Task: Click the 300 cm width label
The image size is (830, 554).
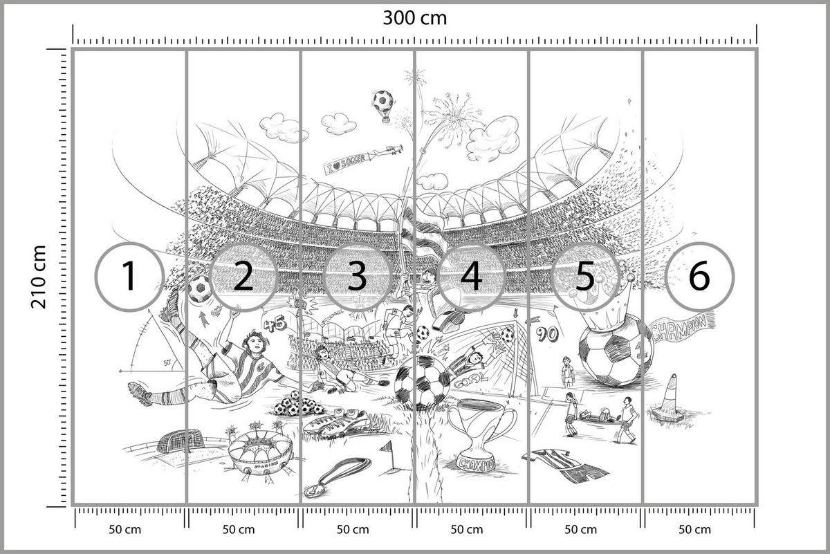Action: click(415, 17)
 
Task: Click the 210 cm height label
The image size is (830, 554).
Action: click(38, 277)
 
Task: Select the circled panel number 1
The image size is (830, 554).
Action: click(129, 276)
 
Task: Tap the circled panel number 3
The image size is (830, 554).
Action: click(357, 276)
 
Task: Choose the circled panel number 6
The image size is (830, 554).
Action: click(699, 276)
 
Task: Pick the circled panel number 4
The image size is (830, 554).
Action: click(471, 276)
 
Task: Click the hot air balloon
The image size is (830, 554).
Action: click(381, 104)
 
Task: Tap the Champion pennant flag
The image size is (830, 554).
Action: click(682, 327)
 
